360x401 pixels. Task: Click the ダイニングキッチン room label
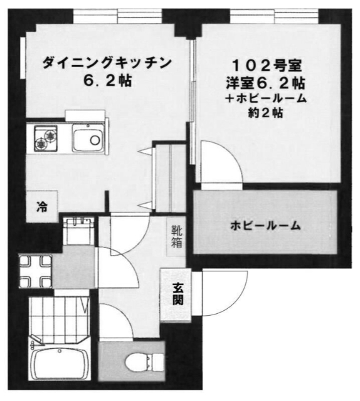(x=107, y=62)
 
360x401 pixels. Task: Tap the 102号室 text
(x=267, y=63)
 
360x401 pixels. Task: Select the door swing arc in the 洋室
(x=220, y=161)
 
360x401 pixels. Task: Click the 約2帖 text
(x=267, y=113)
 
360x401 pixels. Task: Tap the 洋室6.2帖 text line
(x=267, y=81)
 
